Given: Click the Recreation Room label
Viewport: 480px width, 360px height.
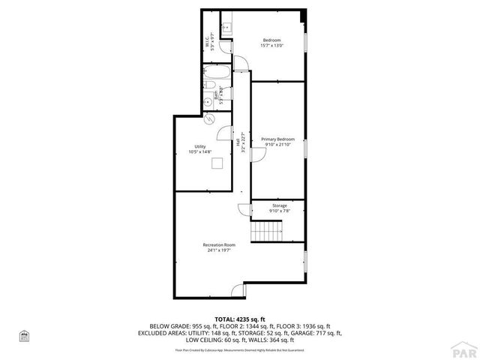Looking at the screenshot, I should pyautogui.click(x=219, y=247).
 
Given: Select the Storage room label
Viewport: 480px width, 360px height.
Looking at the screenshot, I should pyautogui.click(x=279, y=208).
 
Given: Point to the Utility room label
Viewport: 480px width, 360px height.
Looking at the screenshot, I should pyautogui.click(x=199, y=149).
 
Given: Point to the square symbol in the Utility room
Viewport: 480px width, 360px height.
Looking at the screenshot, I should pyautogui.click(x=217, y=165).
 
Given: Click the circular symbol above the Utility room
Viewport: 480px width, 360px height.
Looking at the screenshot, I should pyautogui.click(x=209, y=118).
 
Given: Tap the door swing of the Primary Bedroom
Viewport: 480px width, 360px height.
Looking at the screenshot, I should pyautogui.click(x=257, y=153).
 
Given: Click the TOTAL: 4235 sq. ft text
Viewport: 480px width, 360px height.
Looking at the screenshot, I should pyautogui.click(x=239, y=319).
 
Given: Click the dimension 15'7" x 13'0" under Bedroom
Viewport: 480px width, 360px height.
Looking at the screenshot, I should pyautogui.click(x=271, y=46).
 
